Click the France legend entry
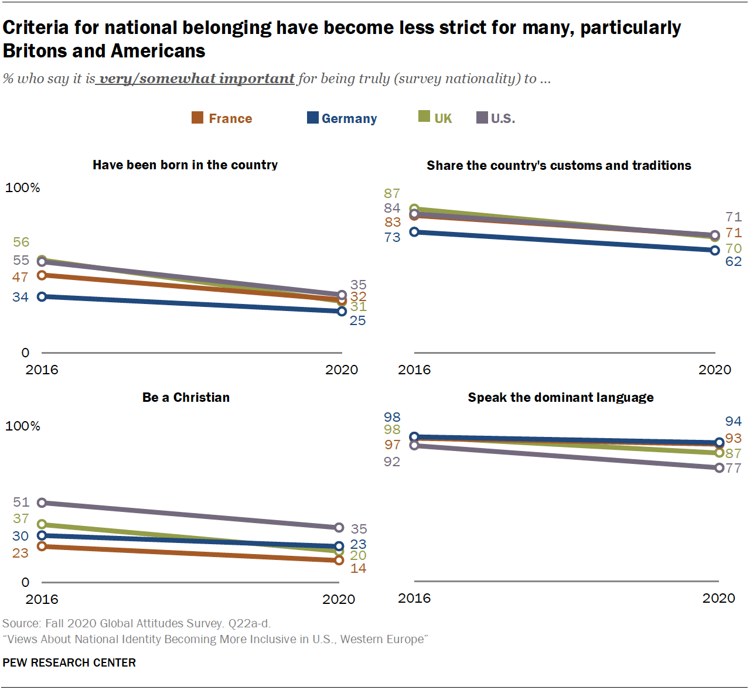click(223, 118)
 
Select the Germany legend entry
click(342, 118)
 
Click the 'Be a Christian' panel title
click(186, 397)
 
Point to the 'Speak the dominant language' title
click(560, 397)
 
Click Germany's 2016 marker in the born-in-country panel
click(42, 297)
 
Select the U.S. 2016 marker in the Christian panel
click(42, 503)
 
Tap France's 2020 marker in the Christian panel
click(339, 561)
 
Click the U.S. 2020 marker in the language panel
click(719, 467)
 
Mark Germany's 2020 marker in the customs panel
click(715, 251)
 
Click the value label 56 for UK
click(21, 242)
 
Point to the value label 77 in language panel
click(734, 468)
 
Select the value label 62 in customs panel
click(734, 262)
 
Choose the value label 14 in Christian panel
click(358, 568)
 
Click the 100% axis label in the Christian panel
click(23, 426)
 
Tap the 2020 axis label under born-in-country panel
click(342, 370)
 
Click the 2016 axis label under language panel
click(414, 598)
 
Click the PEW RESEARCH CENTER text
click(69, 662)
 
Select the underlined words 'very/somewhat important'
click(197, 78)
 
